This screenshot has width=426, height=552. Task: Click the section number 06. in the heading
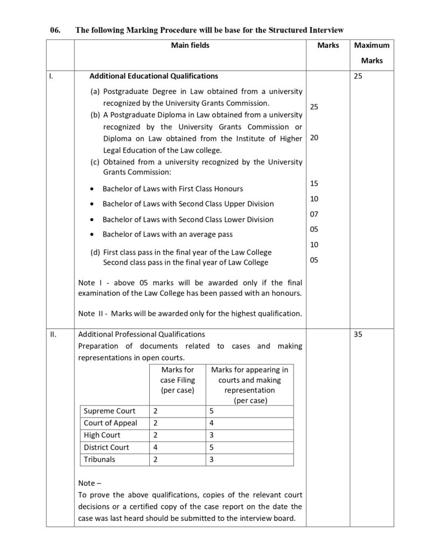[54, 30]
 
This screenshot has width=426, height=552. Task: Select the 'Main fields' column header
[190, 46]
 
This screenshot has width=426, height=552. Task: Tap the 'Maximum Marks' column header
[372, 53]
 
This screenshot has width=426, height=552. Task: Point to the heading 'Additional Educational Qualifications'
[153, 77]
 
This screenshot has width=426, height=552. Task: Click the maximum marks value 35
[358, 334]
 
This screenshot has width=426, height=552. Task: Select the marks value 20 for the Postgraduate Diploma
[314, 138]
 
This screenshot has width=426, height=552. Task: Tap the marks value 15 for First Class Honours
[314, 184]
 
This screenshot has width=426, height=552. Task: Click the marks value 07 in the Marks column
[314, 214]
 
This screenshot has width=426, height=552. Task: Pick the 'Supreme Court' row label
[109, 411]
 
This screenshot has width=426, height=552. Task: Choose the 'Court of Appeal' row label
[110, 423]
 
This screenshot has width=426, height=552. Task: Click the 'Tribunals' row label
[100, 460]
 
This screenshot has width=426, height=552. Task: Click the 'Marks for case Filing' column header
[178, 379]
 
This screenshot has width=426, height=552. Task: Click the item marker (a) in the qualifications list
[95, 92]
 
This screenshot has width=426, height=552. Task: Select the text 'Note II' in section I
[92, 314]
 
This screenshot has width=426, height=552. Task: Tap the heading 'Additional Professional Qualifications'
[142, 334]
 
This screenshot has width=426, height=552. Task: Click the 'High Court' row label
[102, 435]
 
